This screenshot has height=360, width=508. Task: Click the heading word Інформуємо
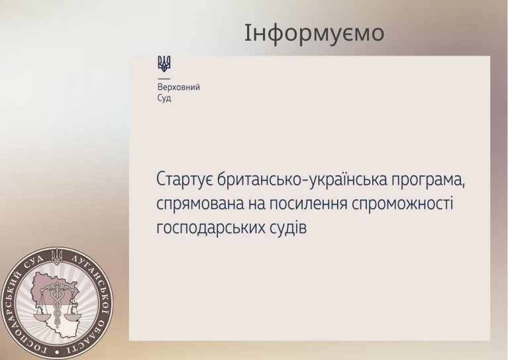[x=314, y=33]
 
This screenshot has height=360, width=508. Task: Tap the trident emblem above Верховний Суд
[x=164, y=64]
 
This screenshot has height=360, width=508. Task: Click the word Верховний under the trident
[x=179, y=87]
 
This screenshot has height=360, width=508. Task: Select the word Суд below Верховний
[x=164, y=98]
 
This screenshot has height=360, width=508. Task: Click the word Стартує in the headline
[x=185, y=180]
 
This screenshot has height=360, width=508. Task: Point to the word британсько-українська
[x=302, y=180]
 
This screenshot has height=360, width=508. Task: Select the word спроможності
[x=402, y=204]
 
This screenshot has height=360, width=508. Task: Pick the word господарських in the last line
[x=211, y=228]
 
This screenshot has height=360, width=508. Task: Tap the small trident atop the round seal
[x=58, y=255]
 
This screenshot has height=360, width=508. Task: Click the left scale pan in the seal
[x=42, y=316]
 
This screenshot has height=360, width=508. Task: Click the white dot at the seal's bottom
[x=58, y=351]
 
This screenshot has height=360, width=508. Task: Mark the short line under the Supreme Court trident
[x=164, y=78]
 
